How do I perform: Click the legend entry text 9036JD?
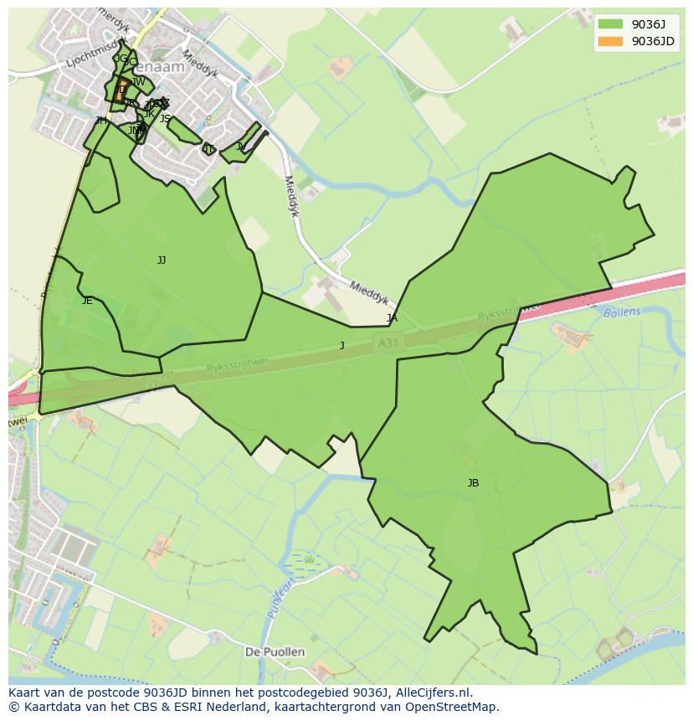[653, 41]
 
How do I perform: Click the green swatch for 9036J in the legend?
[611, 23]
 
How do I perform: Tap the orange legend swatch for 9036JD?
[611, 41]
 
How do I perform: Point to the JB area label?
[473, 483]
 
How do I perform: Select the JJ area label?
[162, 260]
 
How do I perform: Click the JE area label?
[87, 301]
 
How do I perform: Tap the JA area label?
[392, 318]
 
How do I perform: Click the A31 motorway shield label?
[387, 342]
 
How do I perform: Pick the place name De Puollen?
[275, 651]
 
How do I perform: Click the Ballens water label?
[621, 312]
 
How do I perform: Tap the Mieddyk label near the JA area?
[369, 291]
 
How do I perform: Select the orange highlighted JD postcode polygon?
[121, 91]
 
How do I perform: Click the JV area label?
[241, 147]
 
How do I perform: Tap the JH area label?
[101, 121]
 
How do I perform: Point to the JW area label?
[139, 82]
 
